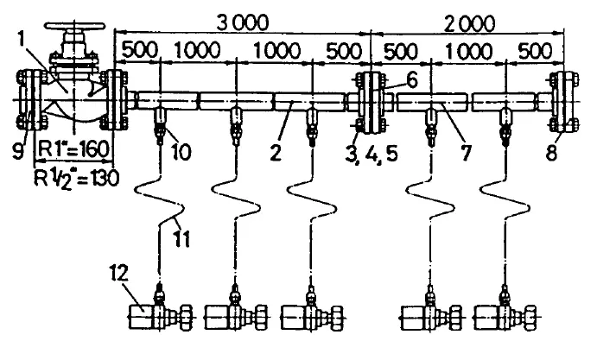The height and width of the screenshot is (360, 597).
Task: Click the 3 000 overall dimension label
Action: [243, 22]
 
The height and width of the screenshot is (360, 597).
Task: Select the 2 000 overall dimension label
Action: [468, 25]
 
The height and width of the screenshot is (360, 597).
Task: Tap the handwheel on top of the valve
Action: [74, 27]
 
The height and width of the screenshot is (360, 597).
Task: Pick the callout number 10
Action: [180, 151]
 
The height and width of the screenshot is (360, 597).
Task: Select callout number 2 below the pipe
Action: [276, 152]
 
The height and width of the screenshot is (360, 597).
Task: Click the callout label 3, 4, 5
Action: [372, 154]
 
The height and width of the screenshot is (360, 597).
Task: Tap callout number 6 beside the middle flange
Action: [411, 80]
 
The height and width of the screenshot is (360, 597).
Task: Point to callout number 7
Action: [466, 153]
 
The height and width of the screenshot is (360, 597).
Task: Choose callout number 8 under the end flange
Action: [552, 153]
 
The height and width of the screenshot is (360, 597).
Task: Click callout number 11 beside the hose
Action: [181, 239]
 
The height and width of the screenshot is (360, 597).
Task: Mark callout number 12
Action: [119, 273]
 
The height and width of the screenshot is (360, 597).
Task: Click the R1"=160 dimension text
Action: [74, 148]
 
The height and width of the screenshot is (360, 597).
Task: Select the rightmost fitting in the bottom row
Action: [506, 311]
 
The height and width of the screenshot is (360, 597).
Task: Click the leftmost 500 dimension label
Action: [139, 49]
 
